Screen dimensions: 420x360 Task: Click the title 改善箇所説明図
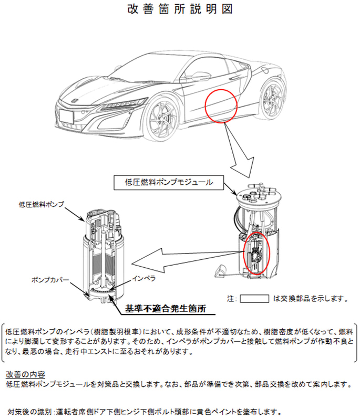(x=180, y=9)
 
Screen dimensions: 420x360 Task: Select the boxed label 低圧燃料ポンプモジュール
(x=169, y=183)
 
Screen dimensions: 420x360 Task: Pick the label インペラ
(x=143, y=278)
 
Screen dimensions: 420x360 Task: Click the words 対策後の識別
(x=30, y=411)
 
